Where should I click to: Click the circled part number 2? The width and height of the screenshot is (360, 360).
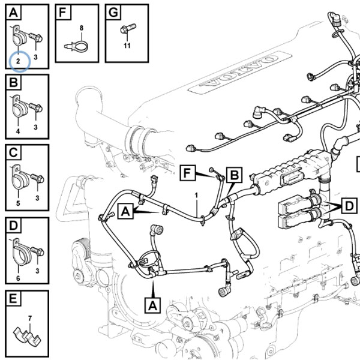tap(18, 61)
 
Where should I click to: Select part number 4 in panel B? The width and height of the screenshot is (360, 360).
tap(18, 131)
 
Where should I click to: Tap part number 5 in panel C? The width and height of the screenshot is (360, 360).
tap(18, 203)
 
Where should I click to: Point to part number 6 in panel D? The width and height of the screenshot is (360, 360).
tap(18, 278)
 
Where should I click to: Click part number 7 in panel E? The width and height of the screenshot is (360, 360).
tap(29, 319)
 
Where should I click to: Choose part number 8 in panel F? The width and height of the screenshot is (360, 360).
tap(82, 28)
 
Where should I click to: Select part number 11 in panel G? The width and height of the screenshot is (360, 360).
tap(127, 46)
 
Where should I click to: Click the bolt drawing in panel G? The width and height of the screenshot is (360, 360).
tap(128, 29)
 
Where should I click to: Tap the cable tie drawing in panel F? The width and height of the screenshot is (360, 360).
tap(76, 46)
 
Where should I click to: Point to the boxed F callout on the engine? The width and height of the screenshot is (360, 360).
tap(188, 173)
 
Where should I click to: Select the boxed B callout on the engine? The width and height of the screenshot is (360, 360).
tap(234, 175)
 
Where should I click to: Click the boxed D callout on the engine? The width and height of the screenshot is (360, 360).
tap(349, 206)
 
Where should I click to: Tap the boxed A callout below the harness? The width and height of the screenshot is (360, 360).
tap(152, 305)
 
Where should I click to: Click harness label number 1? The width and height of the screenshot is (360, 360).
tap(197, 196)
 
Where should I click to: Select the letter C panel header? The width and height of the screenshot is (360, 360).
tap(13, 152)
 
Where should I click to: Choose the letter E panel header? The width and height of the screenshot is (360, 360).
tap(13, 298)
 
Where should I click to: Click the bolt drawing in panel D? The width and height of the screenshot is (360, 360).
tap(37, 251)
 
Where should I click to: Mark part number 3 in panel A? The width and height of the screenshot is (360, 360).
tap(35, 57)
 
